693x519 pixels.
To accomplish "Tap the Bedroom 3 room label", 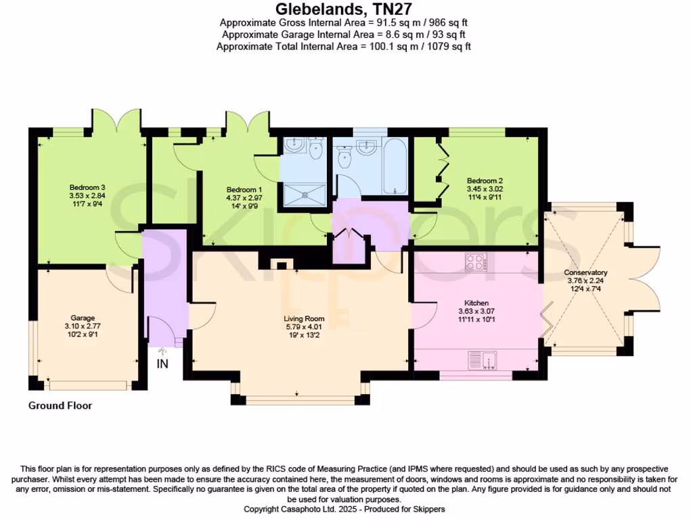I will (x=87, y=187).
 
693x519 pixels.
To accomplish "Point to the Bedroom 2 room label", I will (x=485, y=180).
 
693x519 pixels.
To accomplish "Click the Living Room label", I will (x=305, y=318).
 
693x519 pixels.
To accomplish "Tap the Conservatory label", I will (x=586, y=273).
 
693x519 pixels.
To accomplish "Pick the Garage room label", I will (x=83, y=317).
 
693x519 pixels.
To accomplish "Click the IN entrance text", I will (x=162, y=364).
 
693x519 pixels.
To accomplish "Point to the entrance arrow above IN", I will (x=162, y=351).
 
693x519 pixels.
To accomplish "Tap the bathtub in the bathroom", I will (x=395, y=166).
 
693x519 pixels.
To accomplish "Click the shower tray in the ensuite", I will (x=305, y=194).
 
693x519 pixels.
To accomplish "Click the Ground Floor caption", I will (x=60, y=406).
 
